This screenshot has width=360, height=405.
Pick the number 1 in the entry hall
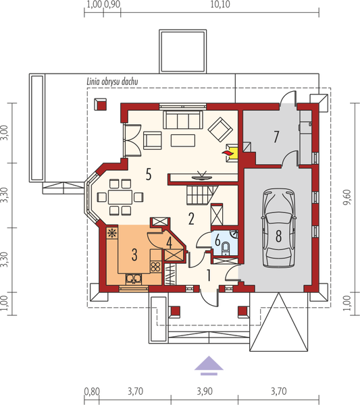click(x=209, y=275)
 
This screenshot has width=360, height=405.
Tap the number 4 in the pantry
click(x=170, y=241)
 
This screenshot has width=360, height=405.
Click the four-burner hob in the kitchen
click(x=155, y=267)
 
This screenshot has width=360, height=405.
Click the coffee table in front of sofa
click(x=182, y=140)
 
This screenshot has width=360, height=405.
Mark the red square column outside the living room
click(x=101, y=106)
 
